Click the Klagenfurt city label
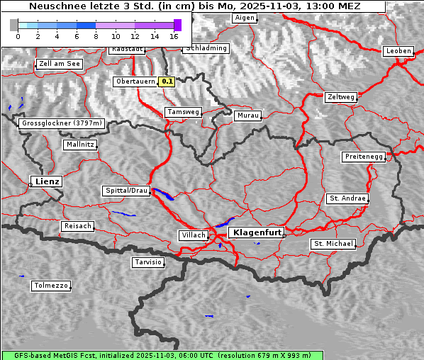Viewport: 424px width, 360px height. (258, 232)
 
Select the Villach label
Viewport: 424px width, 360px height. (193, 235)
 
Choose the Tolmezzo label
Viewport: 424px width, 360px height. (51, 286)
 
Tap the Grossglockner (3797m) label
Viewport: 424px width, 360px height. (62, 123)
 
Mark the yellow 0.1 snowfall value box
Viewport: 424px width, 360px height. (167, 81)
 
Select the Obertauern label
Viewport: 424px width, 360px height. (135, 81)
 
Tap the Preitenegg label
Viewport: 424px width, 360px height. (364, 156)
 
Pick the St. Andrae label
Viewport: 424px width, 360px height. (347, 198)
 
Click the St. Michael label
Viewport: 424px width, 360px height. (333, 244)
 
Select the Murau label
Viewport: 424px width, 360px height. (248, 115)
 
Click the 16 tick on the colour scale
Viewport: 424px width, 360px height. (174, 35)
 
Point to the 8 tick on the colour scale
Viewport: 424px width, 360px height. (96, 35)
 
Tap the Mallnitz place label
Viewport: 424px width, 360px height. (80, 144)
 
